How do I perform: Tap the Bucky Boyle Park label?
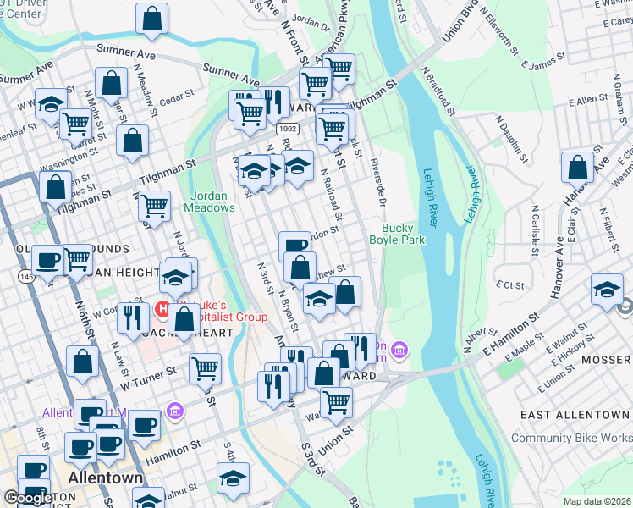(397, 234)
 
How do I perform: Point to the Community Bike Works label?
(571, 438)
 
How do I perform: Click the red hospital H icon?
(162, 310)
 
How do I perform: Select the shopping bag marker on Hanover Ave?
(578, 168)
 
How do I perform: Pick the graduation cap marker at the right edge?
(607, 290)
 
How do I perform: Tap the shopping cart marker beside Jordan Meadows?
(154, 205)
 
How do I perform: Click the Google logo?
(28, 497)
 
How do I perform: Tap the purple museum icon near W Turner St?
(175, 411)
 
